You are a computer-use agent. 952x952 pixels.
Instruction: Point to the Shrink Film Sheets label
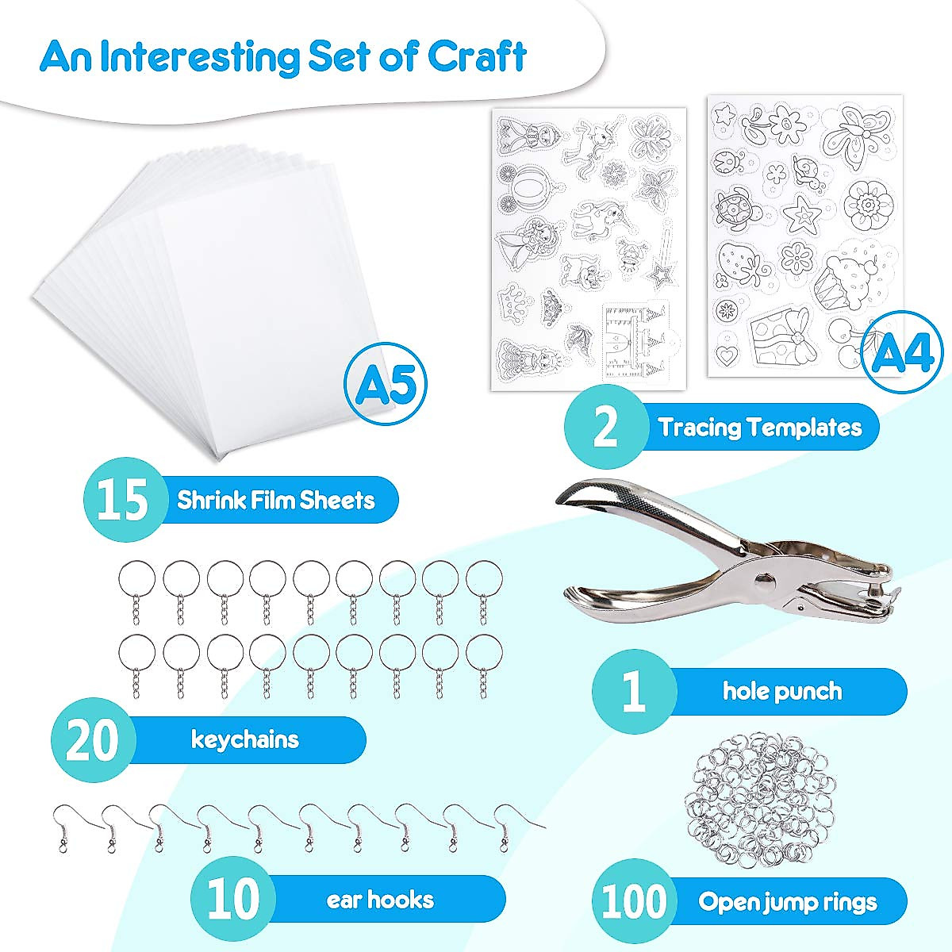point(275,501)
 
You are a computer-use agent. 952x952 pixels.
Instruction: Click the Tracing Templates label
point(759,428)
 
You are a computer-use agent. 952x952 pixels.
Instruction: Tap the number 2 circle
point(605,428)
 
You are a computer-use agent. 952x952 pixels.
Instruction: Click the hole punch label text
point(781,691)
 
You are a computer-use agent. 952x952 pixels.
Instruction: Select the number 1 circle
point(633,691)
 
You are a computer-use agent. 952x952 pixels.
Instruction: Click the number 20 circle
point(92,740)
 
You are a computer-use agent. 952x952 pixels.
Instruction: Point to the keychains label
point(244,740)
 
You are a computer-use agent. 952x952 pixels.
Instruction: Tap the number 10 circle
point(232,900)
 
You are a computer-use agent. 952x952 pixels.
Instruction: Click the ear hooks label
point(380,900)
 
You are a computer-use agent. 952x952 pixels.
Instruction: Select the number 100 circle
point(635,901)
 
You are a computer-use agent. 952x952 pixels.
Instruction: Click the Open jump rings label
point(787,902)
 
